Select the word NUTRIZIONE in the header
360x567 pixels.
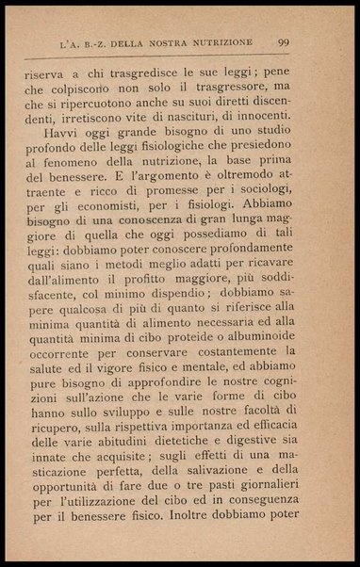coord(224,42)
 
